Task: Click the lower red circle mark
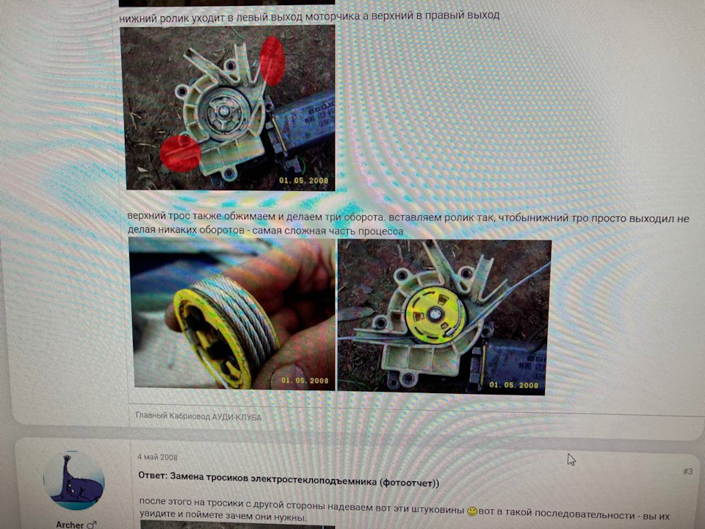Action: tap(181, 153)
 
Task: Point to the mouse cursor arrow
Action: tap(571, 459)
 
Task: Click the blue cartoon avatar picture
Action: tap(73, 481)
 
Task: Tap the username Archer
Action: tap(72, 525)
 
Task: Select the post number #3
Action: tap(687, 472)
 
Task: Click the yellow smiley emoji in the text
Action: tap(472, 511)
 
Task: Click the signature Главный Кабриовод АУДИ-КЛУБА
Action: tap(198, 417)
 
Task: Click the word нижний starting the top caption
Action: tap(139, 16)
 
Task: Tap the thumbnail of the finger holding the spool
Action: tap(231, 316)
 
